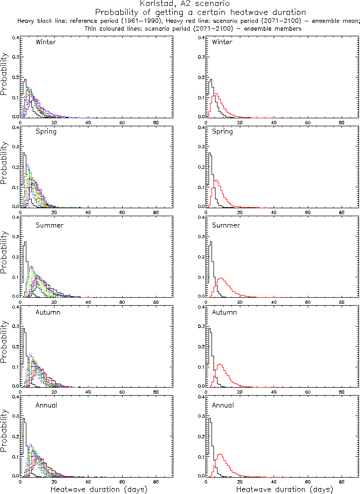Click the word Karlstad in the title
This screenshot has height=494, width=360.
pyautogui.click(x=156, y=3)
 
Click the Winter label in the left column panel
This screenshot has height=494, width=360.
pyautogui.click(x=46, y=42)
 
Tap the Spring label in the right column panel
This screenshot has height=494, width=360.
pyautogui.click(x=222, y=132)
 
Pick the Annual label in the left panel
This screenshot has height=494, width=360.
pyautogui.click(x=47, y=405)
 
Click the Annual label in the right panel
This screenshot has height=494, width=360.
pyautogui.click(x=223, y=405)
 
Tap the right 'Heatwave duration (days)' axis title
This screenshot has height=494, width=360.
pyautogui.click(x=285, y=490)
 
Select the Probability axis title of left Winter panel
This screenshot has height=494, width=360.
pyautogui.click(x=4, y=78)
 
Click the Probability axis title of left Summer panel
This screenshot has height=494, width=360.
pyautogui.click(x=4, y=257)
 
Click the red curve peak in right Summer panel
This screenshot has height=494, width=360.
pyautogui.click(x=220, y=278)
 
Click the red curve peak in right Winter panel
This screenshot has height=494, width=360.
pyautogui.click(x=215, y=94)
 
